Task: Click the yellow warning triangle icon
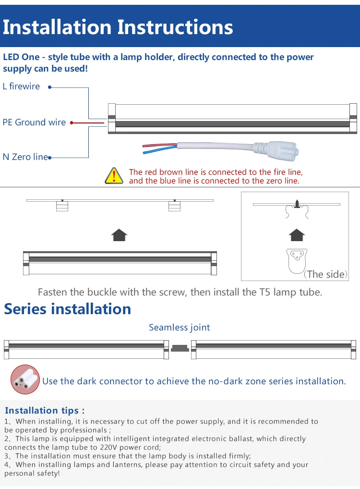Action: [x=114, y=176]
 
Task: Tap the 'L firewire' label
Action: [x=21, y=86]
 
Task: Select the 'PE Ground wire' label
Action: [x=34, y=122]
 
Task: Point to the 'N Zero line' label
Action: [x=25, y=157]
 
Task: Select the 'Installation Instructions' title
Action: [x=118, y=27]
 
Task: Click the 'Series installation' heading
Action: [x=67, y=309]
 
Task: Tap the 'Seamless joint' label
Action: [x=179, y=328]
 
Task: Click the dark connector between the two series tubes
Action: [x=180, y=348]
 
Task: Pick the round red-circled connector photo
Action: [x=25, y=379]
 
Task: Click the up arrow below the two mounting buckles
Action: [x=120, y=235]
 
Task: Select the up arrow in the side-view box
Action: [x=297, y=235]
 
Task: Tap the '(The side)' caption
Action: [x=325, y=274]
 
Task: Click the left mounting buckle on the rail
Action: [x=62, y=206]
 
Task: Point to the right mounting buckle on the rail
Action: [x=174, y=206]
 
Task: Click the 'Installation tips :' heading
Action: [x=45, y=410]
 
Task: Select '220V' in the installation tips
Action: [x=109, y=447]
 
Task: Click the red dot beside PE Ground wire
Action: [x=72, y=123]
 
